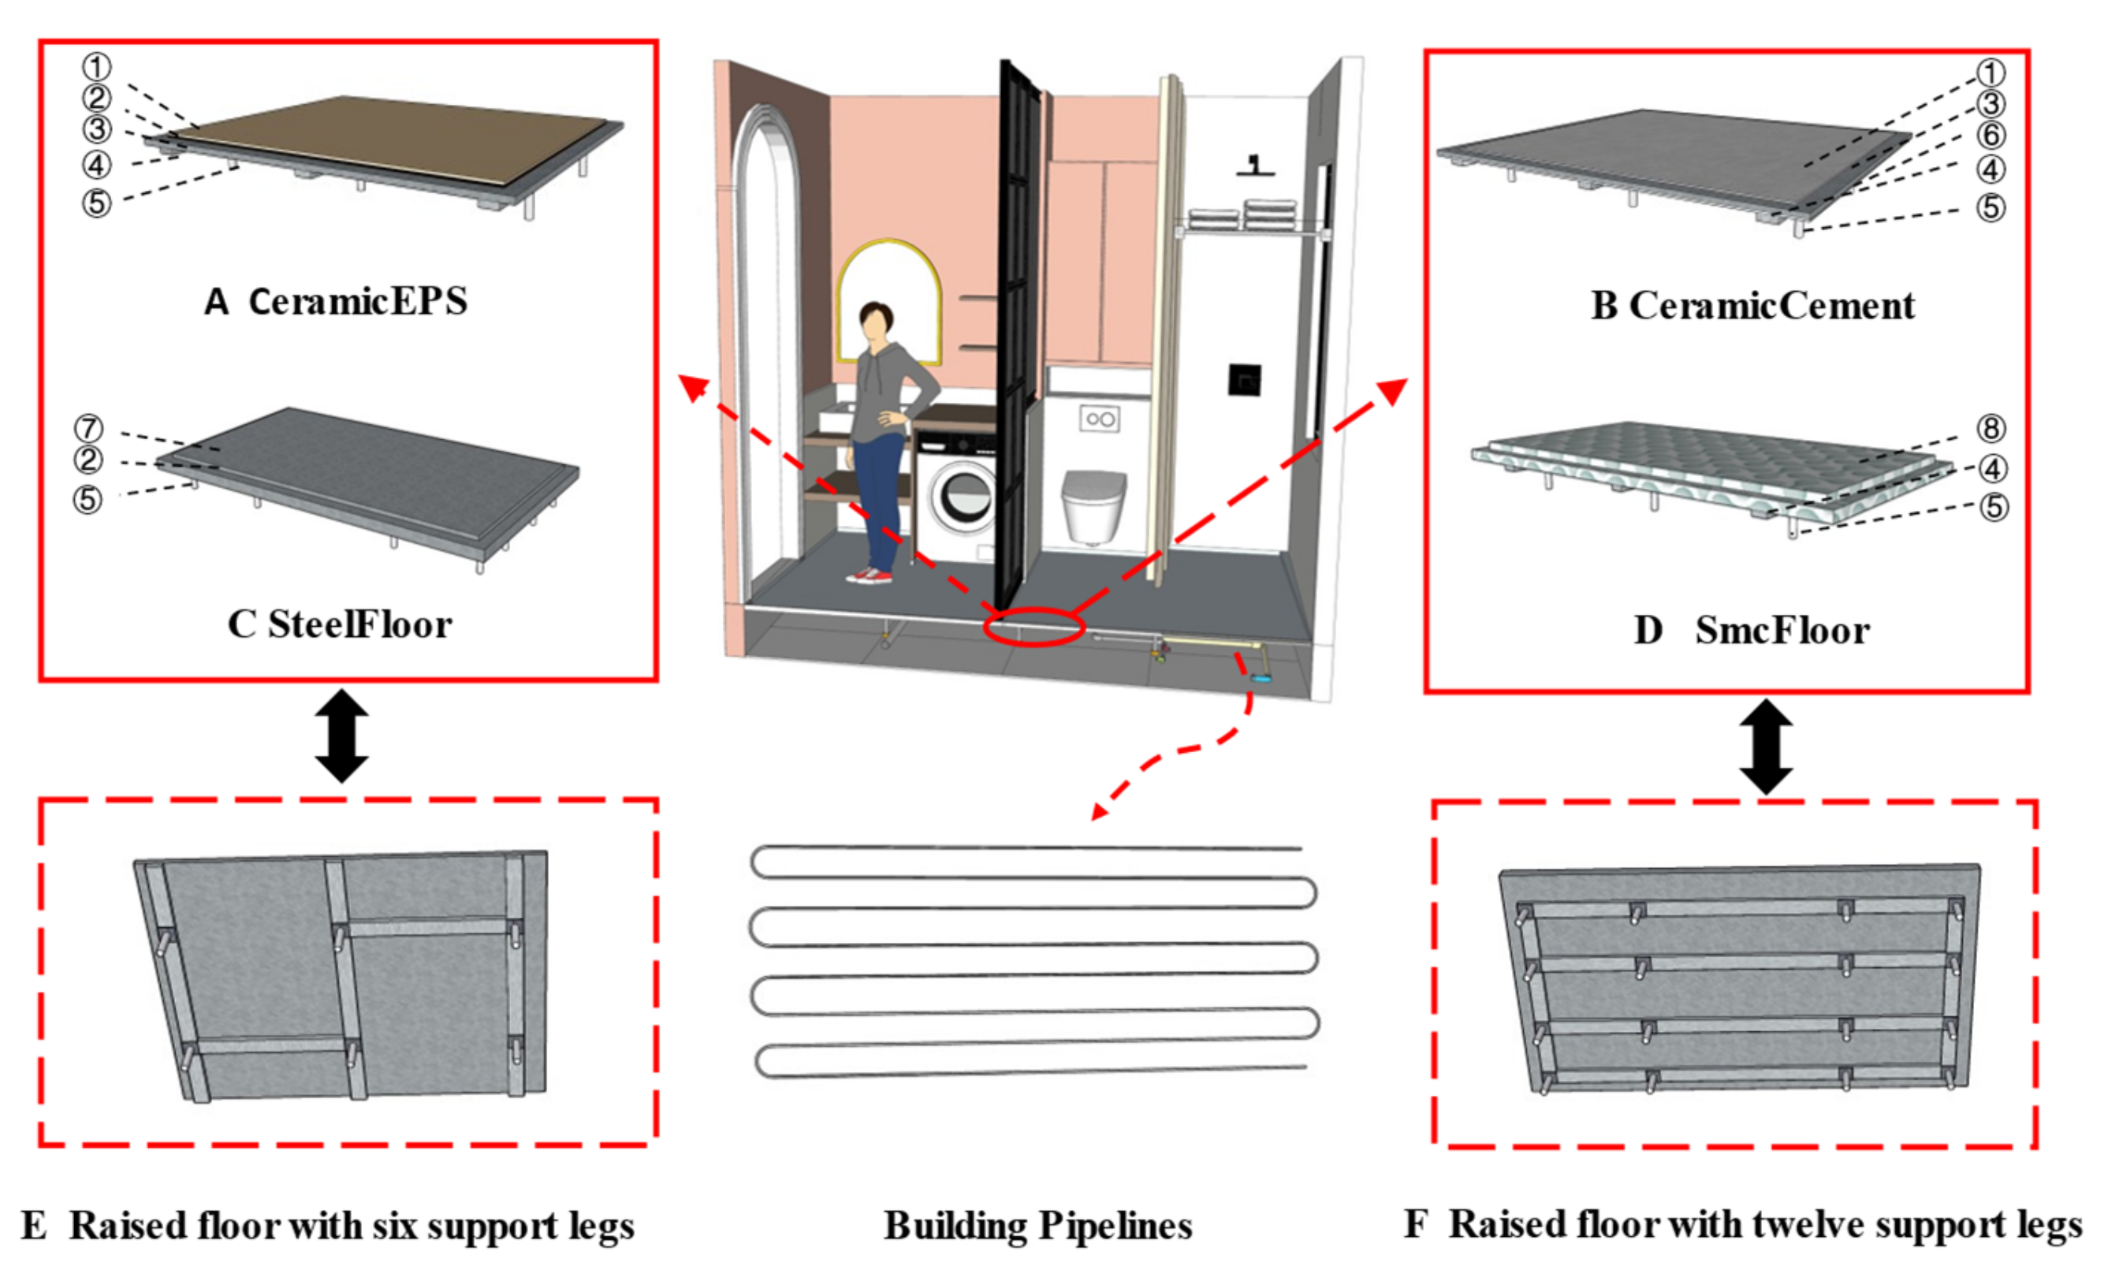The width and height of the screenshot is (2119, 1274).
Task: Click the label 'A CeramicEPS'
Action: (336, 301)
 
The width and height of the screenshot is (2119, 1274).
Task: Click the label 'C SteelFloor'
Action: (339, 625)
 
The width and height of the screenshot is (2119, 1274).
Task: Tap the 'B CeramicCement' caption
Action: (1752, 306)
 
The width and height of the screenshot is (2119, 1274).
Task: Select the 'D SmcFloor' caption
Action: (1751, 631)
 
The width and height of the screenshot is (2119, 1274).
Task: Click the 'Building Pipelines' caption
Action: (1037, 1226)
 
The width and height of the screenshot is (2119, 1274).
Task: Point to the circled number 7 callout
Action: (88, 427)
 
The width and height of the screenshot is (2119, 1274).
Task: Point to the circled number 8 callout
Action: (1991, 427)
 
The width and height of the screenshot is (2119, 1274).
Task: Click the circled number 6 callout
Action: (1991, 136)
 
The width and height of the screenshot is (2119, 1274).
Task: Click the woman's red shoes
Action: (869, 576)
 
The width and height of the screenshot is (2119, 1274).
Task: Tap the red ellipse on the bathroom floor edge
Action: (1033, 626)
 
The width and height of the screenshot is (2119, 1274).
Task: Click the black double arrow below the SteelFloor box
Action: (341, 736)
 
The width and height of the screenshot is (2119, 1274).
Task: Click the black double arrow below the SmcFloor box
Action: (1765, 746)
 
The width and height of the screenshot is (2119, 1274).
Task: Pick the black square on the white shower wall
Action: (1244, 378)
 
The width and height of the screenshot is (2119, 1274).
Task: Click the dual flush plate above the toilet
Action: (1099, 419)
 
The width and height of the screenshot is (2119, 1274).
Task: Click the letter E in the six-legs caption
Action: (35, 1226)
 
